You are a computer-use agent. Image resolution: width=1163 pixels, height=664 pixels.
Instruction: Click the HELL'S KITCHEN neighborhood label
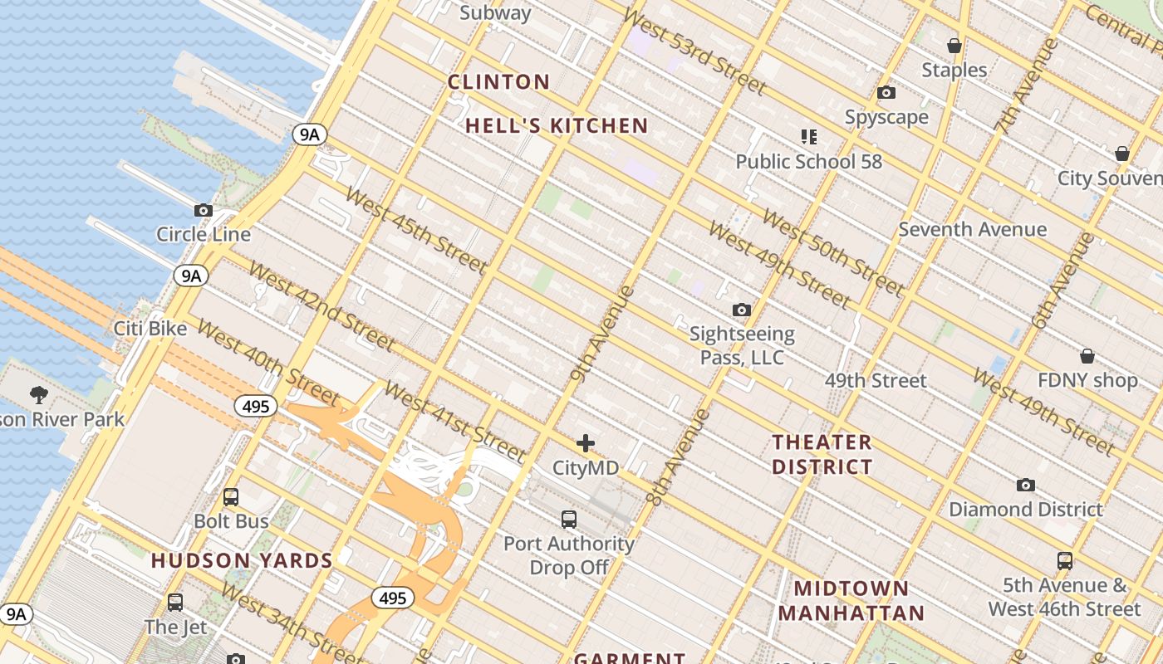pyautogui.click(x=556, y=126)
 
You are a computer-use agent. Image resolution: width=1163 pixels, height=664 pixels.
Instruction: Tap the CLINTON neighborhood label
pyautogui.click(x=498, y=82)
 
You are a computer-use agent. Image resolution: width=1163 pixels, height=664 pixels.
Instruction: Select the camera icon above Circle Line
pyautogui.click(x=204, y=211)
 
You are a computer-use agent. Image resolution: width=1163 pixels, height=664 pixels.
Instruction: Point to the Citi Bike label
pyautogui.click(x=150, y=329)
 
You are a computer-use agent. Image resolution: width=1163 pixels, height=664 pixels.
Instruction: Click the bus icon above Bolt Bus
pyautogui.click(x=231, y=497)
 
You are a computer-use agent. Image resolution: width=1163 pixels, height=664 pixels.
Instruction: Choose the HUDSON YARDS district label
pyautogui.click(x=242, y=560)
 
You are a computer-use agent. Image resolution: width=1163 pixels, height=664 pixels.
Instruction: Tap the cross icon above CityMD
pyautogui.click(x=586, y=443)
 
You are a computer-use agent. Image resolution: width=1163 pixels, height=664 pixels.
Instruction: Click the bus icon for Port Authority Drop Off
pyautogui.click(x=569, y=520)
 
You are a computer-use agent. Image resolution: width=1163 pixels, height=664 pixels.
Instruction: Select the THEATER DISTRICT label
pyautogui.click(x=822, y=454)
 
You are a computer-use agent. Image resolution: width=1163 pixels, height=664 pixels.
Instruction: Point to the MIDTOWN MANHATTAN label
pyautogui.click(x=851, y=601)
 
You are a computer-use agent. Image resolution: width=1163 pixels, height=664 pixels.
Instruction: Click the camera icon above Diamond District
pyautogui.click(x=1026, y=485)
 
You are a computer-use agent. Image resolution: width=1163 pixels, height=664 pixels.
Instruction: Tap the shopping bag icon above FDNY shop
pyautogui.click(x=1087, y=357)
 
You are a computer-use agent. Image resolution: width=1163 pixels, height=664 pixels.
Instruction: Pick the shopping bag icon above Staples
pyautogui.click(x=954, y=46)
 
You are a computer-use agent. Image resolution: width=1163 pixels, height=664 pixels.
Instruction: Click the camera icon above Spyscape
pyautogui.click(x=886, y=93)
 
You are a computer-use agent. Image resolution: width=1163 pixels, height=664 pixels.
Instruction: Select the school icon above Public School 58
pyautogui.click(x=809, y=136)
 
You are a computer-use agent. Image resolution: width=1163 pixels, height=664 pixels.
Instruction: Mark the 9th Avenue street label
pyautogui.click(x=602, y=334)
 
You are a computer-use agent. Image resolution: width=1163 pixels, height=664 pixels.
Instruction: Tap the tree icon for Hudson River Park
pyautogui.click(x=38, y=394)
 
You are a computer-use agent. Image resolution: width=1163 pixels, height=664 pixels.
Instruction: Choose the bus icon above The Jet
pyautogui.click(x=174, y=603)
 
